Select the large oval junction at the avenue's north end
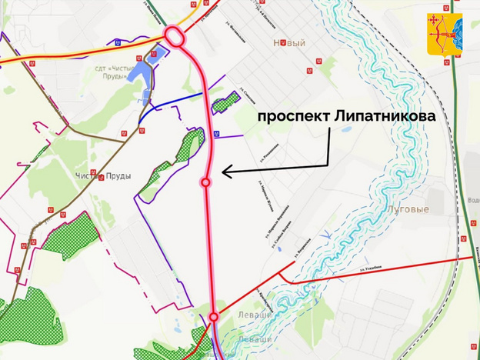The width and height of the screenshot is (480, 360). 175,37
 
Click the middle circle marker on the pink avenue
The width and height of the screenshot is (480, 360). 205,182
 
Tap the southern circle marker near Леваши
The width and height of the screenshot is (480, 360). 214,316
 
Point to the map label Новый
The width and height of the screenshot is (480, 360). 289,43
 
